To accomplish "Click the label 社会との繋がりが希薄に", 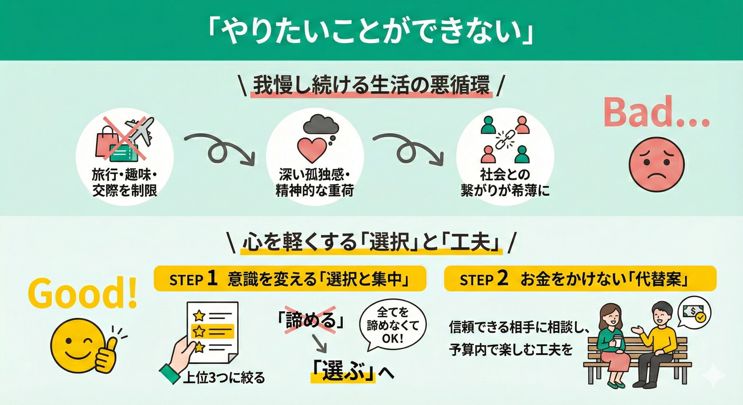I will click(x=505, y=183).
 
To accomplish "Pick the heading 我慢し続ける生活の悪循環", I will click(x=371, y=86).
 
